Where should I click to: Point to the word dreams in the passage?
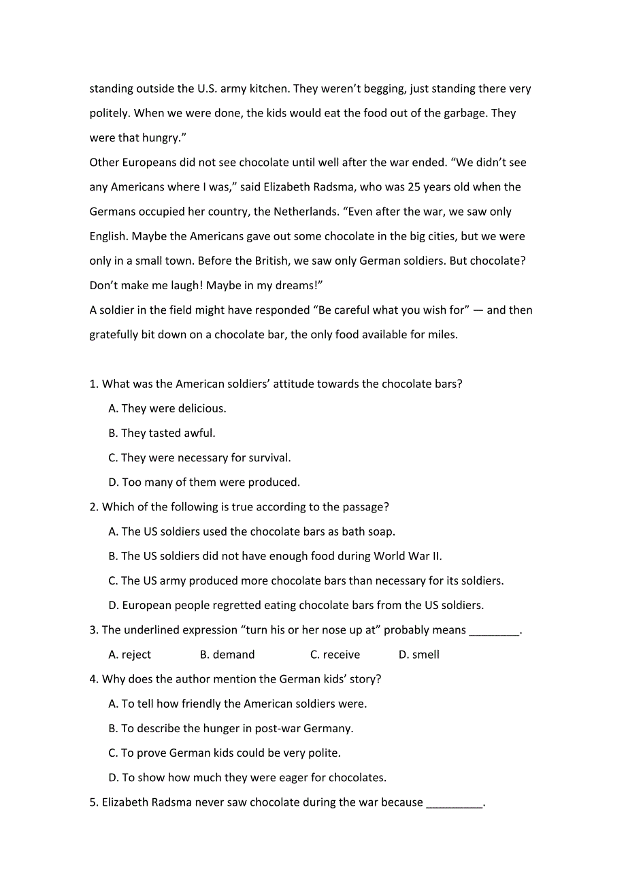tap(298, 286)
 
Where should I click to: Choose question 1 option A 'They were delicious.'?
tap(167, 409)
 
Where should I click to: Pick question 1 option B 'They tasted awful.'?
tap(162, 433)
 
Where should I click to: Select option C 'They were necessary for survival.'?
tap(199, 458)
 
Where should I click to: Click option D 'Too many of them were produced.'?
tap(204, 482)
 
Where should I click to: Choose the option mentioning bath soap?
tap(252, 531)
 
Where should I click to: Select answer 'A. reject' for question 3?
tap(130, 655)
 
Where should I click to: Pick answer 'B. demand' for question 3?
tap(227, 655)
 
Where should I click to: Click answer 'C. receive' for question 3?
tap(335, 655)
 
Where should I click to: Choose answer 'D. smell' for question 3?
tap(419, 655)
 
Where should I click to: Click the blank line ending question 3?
tap(494, 631)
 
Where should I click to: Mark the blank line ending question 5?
tap(454, 804)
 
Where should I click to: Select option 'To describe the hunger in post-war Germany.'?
tap(231, 729)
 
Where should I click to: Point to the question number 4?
tap(93, 679)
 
